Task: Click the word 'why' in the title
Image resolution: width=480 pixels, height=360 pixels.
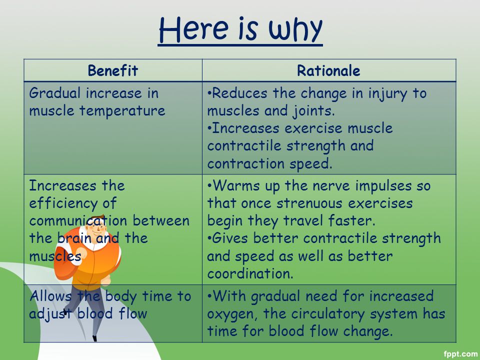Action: pyautogui.click(x=295, y=29)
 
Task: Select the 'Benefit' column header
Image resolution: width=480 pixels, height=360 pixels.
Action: pyautogui.click(x=113, y=70)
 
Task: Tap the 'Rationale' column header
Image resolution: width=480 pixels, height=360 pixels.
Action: pyautogui.click(x=328, y=70)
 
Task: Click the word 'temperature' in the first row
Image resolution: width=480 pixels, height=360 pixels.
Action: pyautogui.click(x=122, y=110)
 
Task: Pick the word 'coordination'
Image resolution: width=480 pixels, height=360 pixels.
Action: pyautogui.click(x=250, y=273)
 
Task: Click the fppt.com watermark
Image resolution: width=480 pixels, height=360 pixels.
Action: pyautogui.click(x=460, y=354)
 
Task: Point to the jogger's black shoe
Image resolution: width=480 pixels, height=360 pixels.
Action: pyautogui.click(x=94, y=338)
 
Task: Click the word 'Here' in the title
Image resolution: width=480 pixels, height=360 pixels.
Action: pyautogui.click(x=193, y=29)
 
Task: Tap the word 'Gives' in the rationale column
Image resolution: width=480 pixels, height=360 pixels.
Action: pyautogui.click(x=230, y=238)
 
